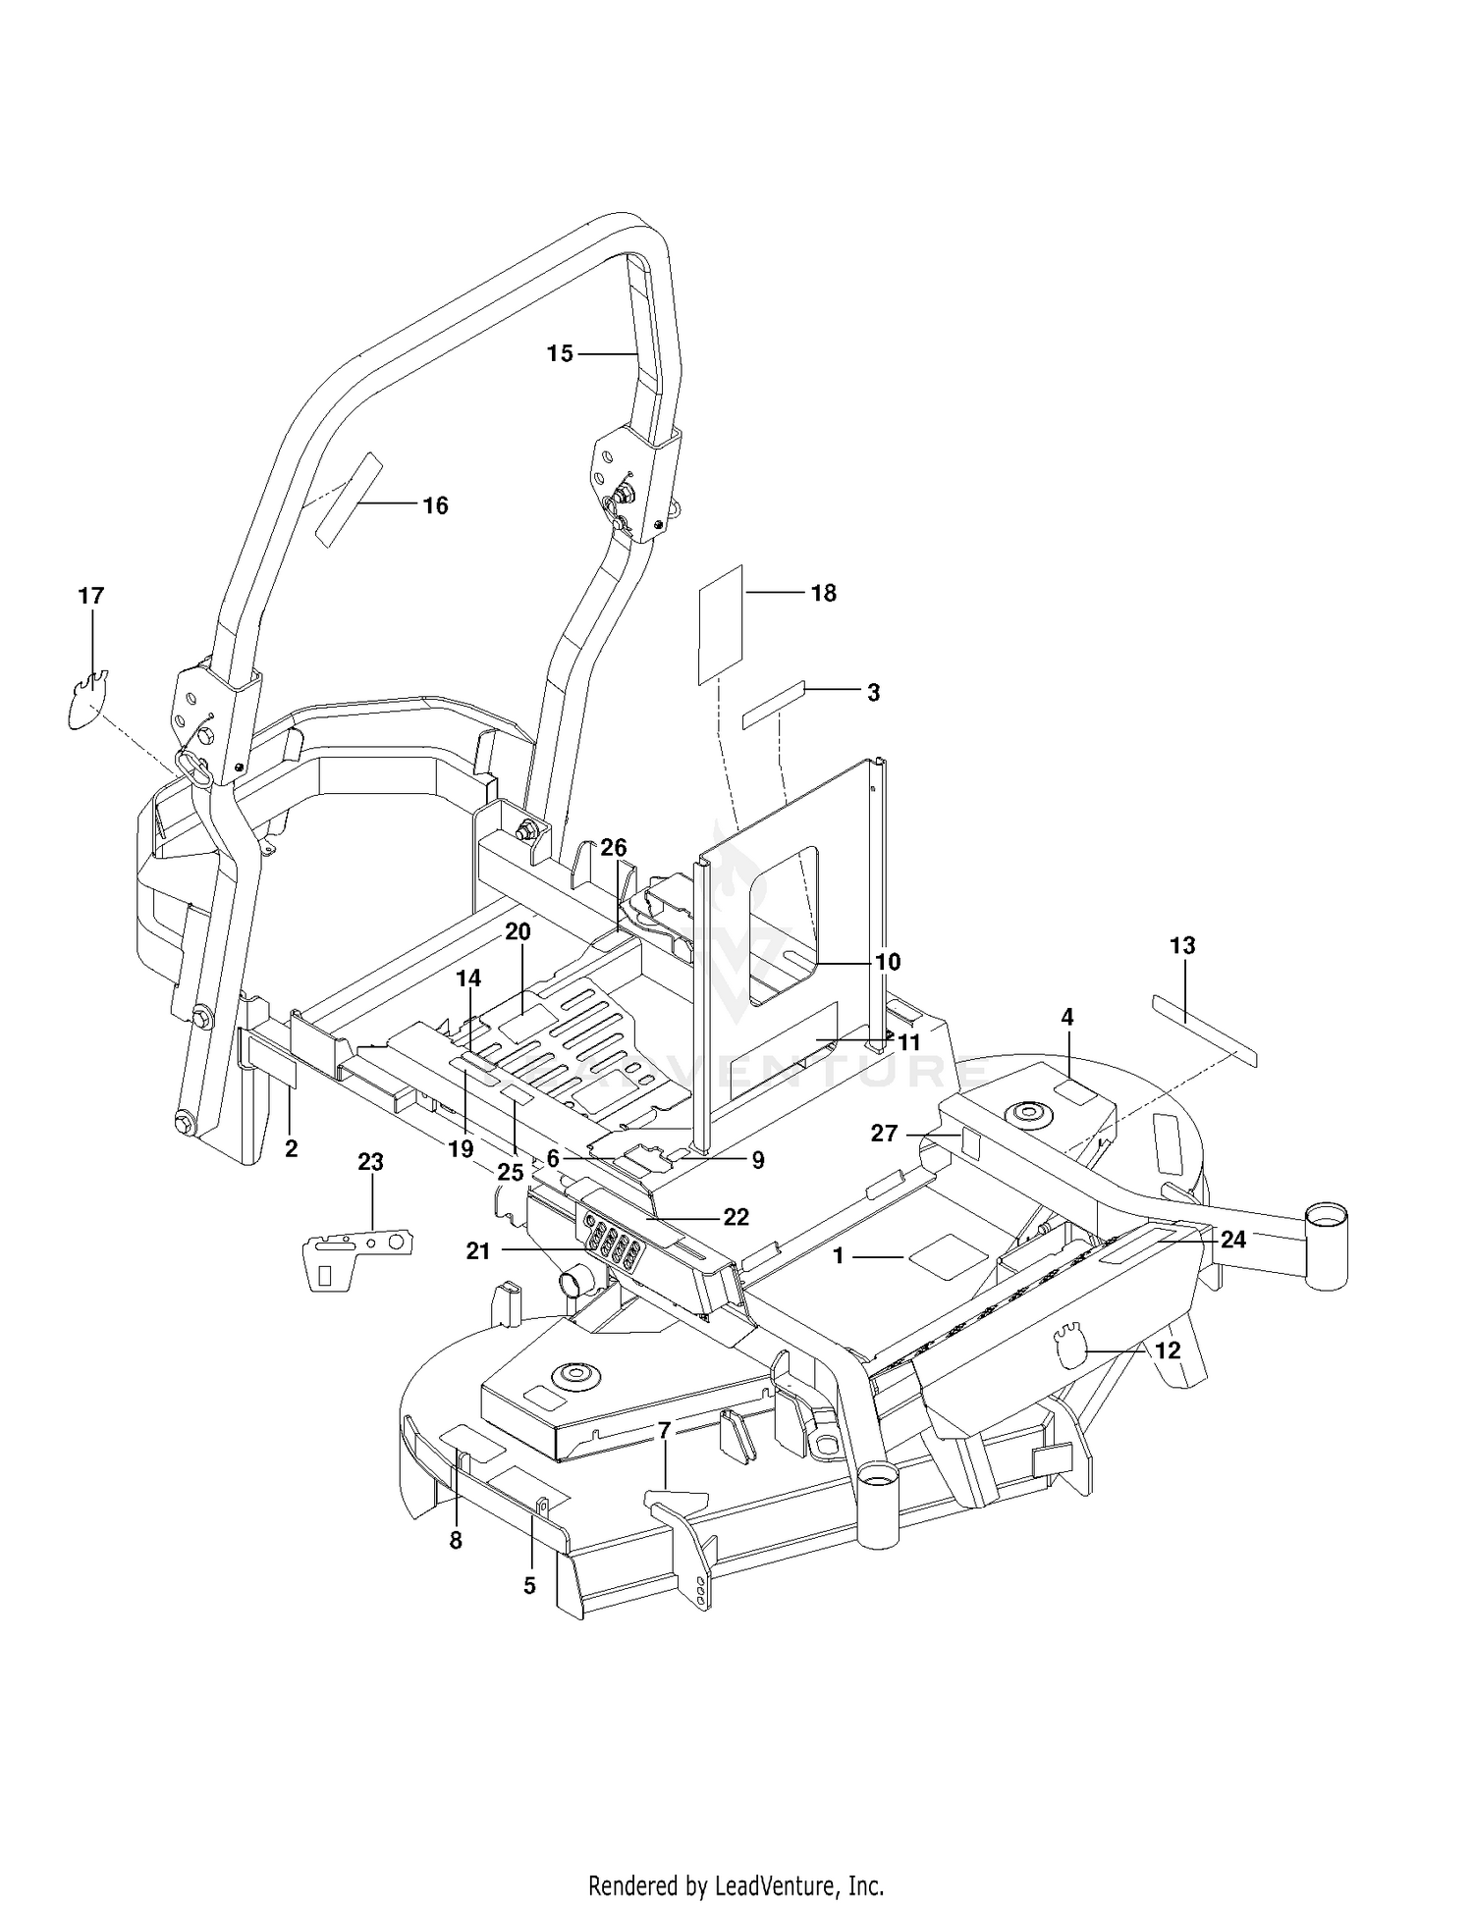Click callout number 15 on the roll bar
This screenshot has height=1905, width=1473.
coord(560,353)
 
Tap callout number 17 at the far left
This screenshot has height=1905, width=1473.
coord(91,596)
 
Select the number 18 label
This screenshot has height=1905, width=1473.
coord(824,593)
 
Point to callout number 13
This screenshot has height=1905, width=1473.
coord(1183,946)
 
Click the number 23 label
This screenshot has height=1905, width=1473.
coord(370,1162)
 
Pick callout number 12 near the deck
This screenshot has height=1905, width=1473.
coord(1168,1350)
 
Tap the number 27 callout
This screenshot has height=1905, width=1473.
coord(885,1134)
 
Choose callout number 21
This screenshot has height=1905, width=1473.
coord(478,1250)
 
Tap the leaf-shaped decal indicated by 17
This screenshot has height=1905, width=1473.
coord(88,700)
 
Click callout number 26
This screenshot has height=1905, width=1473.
coord(614,848)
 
